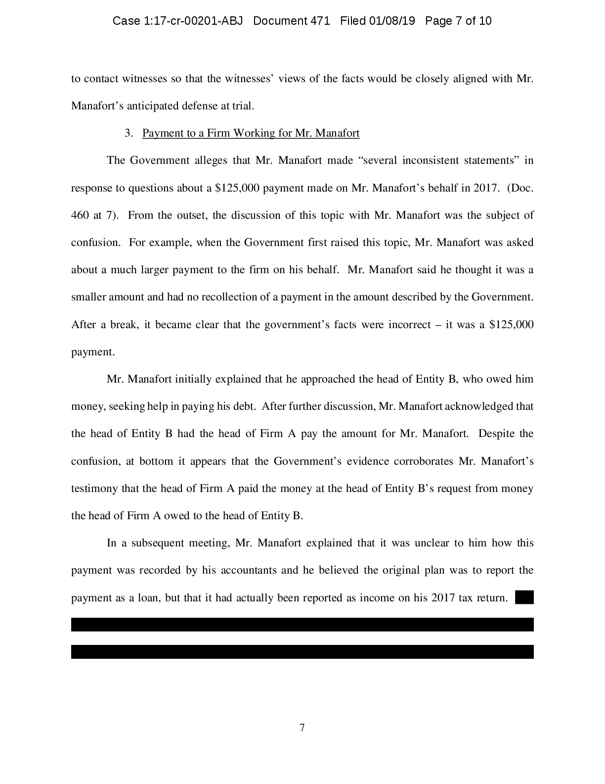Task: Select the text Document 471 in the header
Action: click(291, 21)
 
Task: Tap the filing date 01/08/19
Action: click(391, 21)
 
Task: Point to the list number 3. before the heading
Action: click(129, 133)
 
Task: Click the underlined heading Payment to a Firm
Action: click(251, 133)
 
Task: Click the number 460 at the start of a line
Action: click(81, 215)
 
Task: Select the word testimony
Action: click(95, 489)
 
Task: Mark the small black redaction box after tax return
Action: click(524, 597)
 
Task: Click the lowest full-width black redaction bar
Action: click(302, 652)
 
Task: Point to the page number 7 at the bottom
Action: click(302, 728)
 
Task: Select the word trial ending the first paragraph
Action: click(243, 106)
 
